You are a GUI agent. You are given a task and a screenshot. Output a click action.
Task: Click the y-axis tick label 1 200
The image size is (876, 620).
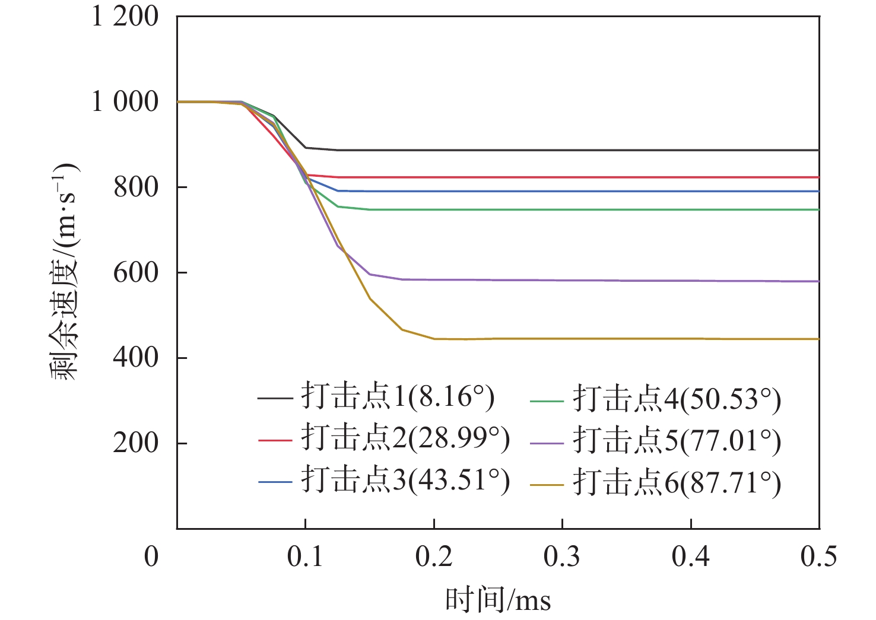125,17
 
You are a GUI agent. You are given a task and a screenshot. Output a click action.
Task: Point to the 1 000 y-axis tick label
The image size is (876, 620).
125,102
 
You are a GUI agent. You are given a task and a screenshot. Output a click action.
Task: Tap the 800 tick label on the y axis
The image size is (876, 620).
136,187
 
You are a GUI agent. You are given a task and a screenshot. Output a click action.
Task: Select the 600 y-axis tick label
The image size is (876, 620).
136,273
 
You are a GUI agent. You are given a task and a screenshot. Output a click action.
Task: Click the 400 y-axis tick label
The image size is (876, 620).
136,358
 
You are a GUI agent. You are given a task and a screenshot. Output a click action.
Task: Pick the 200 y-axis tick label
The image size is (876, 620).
136,443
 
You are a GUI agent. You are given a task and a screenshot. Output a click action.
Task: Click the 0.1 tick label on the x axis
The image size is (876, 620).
305,557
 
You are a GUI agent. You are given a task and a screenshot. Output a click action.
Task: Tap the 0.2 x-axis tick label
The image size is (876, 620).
434,557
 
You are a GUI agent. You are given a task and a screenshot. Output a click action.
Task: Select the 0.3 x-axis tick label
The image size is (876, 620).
562,557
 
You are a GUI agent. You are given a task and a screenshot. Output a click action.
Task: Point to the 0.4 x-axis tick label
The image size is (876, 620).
691,557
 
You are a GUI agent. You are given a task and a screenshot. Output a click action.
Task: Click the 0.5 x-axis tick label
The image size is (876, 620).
819,557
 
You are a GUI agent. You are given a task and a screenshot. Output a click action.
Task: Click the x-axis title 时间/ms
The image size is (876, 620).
498,600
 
